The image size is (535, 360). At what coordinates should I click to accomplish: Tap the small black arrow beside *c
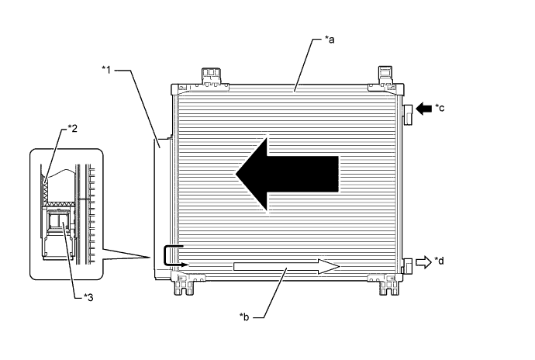(423, 109)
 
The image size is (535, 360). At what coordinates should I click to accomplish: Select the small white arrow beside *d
(423, 262)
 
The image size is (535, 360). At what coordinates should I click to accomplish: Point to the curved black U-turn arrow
(172, 257)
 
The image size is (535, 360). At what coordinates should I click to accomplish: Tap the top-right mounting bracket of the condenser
(385, 76)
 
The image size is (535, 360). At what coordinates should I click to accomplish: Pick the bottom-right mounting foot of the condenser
(385, 286)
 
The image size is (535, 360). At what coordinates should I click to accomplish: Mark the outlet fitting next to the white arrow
(406, 265)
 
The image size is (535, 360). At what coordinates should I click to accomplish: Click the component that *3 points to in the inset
(57, 223)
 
